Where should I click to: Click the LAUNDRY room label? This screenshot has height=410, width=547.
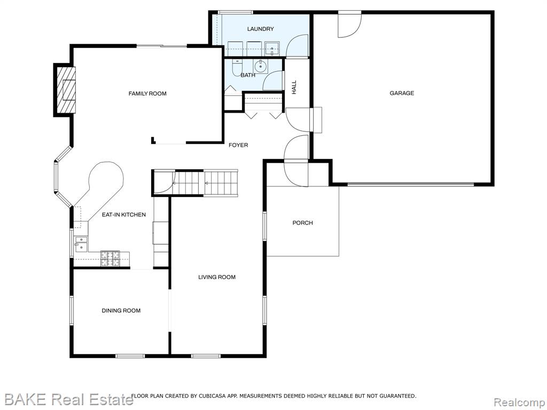click(x=260, y=29)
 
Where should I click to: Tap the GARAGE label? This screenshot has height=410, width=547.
click(x=402, y=93)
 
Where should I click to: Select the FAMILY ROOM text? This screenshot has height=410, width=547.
click(x=147, y=93)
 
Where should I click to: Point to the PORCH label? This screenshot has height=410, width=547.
click(x=302, y=223)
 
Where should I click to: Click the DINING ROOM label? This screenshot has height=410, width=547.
click(x=121, y=311)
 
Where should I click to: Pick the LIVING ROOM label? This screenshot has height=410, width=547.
click(x=217, y=277)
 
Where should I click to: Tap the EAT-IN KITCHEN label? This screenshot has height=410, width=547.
click(x=124, y=215)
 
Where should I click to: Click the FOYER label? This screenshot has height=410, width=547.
click(x=238, y=145)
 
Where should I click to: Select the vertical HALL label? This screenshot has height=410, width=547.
click(x=294, y=87)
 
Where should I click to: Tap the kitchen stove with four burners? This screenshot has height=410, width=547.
click(x=110, y=259)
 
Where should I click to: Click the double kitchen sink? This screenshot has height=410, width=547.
click(x=81, y=243)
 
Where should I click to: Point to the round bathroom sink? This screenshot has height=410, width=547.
click(x=261, y=66)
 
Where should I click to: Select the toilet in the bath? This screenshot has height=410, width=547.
click(x=237, y=67)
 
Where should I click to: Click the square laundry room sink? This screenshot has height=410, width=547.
click(x=272, y=49)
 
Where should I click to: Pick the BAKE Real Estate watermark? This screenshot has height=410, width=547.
click(x=69, y=399)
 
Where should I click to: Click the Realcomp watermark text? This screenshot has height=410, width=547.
click(x=518, y=402)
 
